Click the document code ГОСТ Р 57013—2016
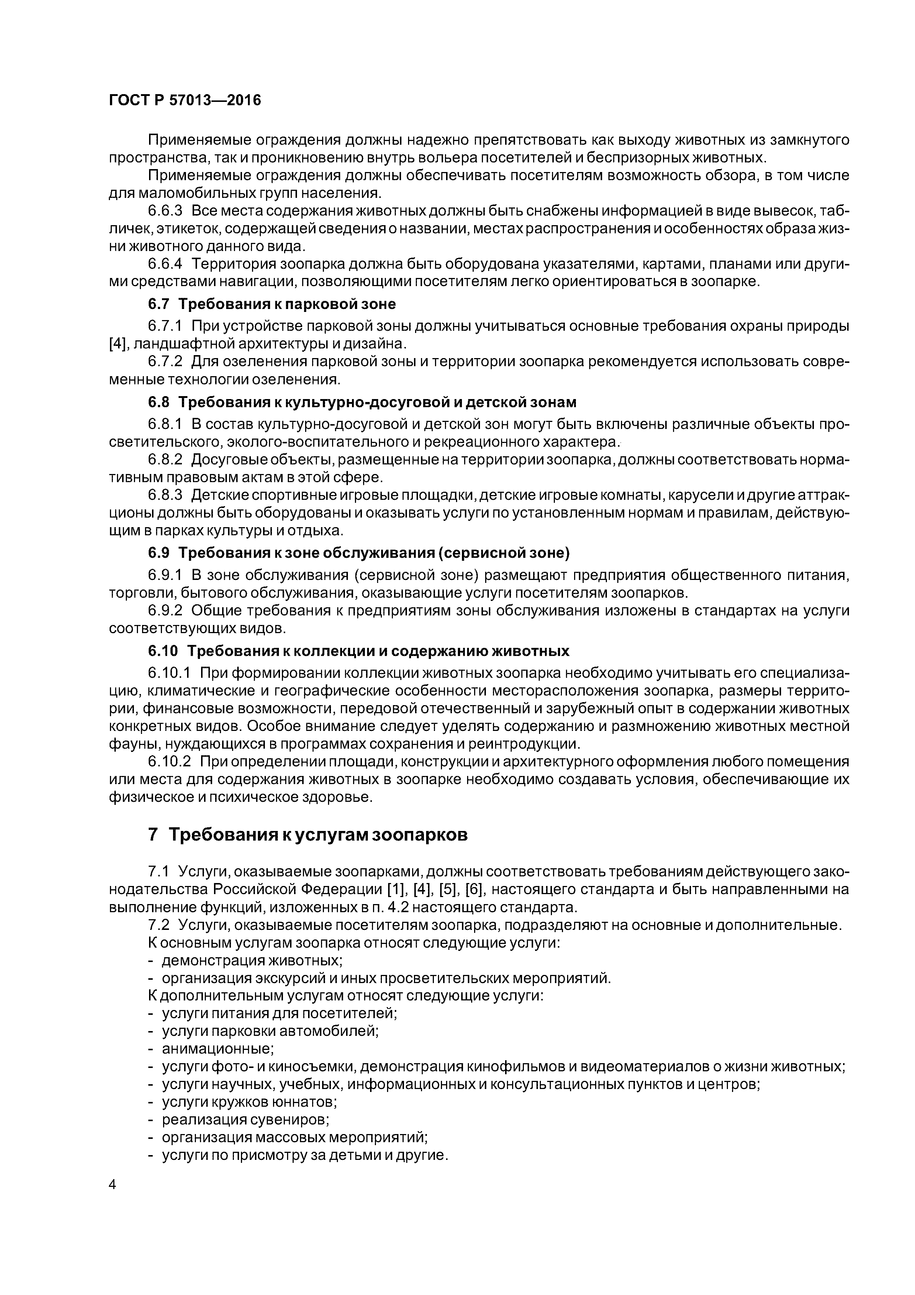coord(184,100)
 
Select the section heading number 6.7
coord(158,304)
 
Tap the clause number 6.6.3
coord(165,211)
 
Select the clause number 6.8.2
coord(165,460)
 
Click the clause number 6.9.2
coord(165,611)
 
